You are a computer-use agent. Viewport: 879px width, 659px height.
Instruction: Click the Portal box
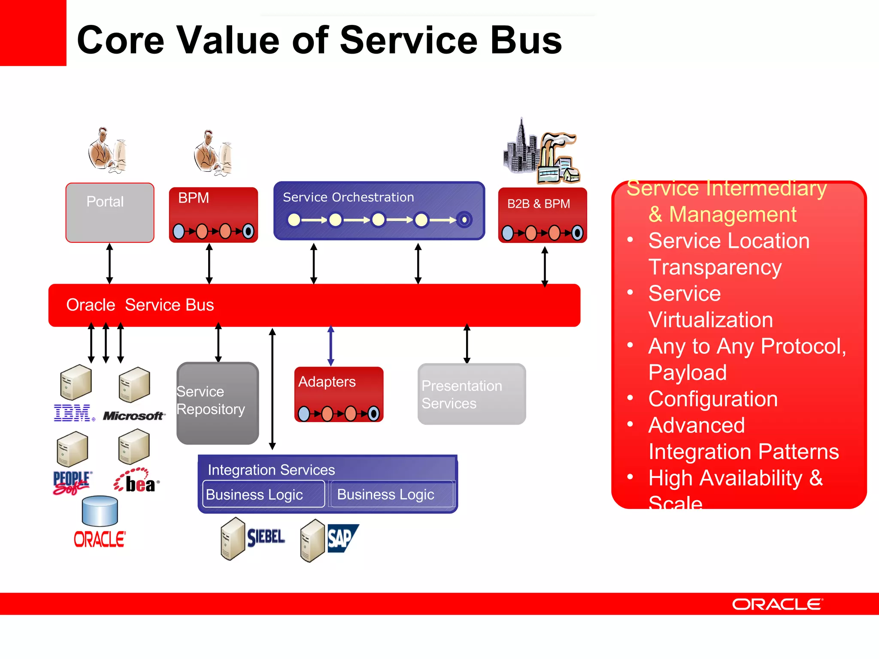[x=110, y=213]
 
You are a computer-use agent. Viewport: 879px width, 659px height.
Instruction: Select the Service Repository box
[x=218, y=403]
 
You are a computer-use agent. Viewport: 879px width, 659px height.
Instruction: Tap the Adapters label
[x=327, y=381]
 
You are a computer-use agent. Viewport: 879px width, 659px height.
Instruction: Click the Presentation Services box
[x=472, y=394]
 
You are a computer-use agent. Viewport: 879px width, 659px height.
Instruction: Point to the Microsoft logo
[x=133, y=416]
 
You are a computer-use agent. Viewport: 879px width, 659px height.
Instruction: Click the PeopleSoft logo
[x=72, y=483]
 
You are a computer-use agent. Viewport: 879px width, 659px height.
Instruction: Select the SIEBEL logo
[x=266, y=537]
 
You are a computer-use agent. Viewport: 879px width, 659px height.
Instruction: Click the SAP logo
[x=342, y=538]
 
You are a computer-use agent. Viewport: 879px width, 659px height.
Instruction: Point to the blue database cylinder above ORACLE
[x=100, y=511]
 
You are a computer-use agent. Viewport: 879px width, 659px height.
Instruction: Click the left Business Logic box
[x=264, y=494]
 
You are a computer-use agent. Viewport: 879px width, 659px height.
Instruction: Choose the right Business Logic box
[x=391, y=494]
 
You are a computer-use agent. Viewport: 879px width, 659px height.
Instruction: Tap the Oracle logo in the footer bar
[x=777, y=604]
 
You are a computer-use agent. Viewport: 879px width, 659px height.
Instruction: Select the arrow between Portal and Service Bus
[x=110, y=263]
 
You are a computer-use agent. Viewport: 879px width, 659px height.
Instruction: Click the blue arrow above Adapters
[x=331, y=346]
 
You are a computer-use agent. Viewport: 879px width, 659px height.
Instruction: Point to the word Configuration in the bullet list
[x=713, y=399]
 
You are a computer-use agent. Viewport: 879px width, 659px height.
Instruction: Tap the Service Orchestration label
[x=348, y=197]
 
